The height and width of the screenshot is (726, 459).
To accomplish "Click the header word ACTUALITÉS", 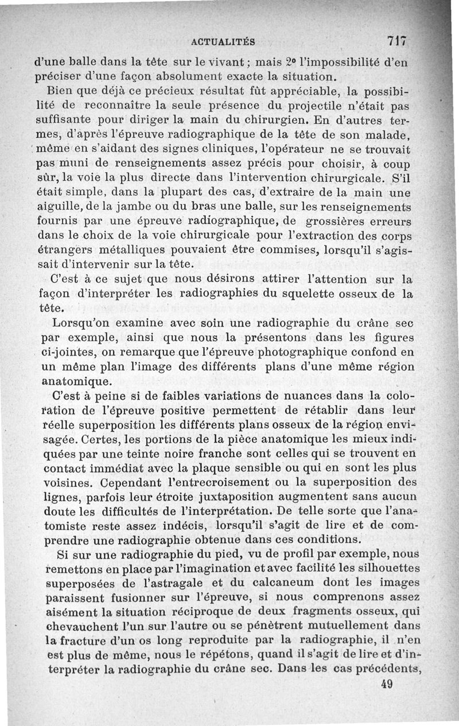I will tap(223, 41).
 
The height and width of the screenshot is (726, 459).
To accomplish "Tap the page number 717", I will tap(396, 41).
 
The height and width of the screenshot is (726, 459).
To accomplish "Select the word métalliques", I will tap(139, 250).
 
